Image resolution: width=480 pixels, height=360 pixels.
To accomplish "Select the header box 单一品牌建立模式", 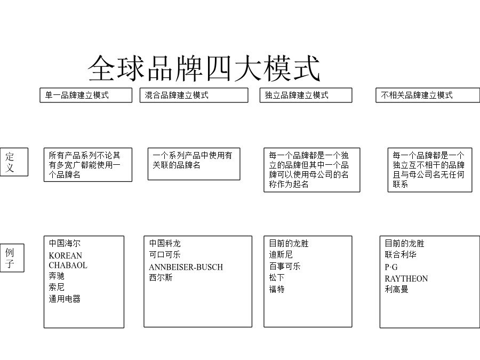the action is pos(86,95).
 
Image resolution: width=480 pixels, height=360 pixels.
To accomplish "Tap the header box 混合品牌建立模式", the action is pos(194,95).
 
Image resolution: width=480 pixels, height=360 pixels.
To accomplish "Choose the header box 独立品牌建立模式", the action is pos(306,95).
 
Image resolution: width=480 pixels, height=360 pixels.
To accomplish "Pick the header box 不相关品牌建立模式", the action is pos(428,95).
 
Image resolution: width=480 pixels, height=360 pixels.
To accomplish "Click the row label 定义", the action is pos(14,162).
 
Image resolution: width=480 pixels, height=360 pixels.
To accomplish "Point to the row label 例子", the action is pos(12,258).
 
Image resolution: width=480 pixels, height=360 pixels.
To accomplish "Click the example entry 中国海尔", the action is pos(65,243).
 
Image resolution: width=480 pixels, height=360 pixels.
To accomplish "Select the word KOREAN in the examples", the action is pos(66,255).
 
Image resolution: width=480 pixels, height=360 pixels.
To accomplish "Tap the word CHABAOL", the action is pos(68,265).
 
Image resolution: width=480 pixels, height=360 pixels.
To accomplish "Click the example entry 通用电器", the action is pos(65,299).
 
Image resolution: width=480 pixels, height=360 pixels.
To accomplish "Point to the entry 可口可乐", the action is pos(165,254).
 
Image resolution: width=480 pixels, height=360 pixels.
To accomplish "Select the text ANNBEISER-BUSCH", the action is pos(186,267).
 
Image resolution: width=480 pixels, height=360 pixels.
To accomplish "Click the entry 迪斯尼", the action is pos(281,254).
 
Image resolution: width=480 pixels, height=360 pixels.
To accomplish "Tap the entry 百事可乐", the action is pos(285,266).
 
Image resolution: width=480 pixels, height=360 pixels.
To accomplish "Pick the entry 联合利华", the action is pos(401,254).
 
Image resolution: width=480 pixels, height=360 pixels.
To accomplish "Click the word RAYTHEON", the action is pos(406,278).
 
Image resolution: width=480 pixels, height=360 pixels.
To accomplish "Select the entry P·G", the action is pos(391,267).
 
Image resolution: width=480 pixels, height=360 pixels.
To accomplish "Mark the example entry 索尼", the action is pos(57,287).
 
